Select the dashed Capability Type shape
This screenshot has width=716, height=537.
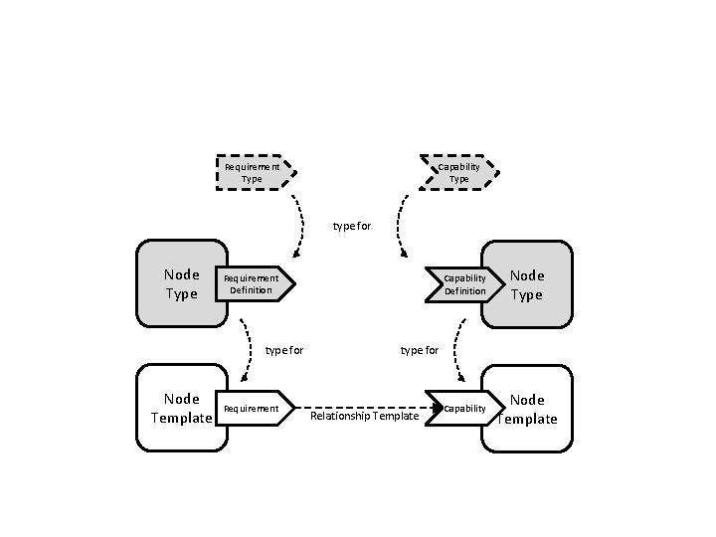pos(458,173)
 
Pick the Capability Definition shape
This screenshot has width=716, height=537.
pos(460,284)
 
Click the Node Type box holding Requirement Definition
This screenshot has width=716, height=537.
pos(181,283)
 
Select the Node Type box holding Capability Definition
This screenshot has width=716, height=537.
pos(528,283)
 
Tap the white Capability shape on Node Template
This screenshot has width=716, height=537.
pos(460,408)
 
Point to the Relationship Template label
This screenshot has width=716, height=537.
pos(365,416)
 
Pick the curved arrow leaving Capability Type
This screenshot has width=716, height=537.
pos(400,227)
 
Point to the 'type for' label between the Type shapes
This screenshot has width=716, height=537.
pos(352,226)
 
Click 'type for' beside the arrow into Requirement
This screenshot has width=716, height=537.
pos(284,350)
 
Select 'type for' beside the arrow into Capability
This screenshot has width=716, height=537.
pos(419,350)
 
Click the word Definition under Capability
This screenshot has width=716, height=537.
pos(464,291)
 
